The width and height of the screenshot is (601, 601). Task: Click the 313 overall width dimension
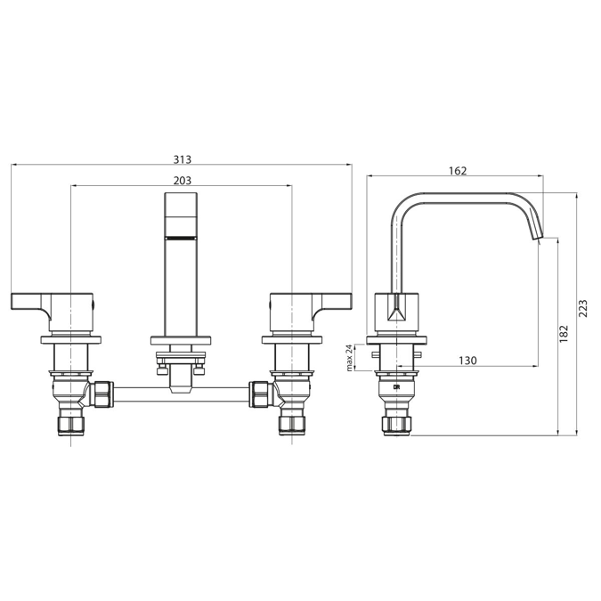click(x=182, y=159)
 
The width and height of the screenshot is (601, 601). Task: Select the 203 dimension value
click(x=182, y=180)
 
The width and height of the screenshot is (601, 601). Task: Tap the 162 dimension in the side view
click(x=458, y=171)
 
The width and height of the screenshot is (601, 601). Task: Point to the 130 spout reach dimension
click(x=468, y=360)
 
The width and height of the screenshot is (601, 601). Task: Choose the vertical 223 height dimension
click(x=583, y=308)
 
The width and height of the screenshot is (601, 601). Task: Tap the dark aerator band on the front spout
click(x=182, y=239)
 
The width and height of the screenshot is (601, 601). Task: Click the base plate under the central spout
click(x=182, y=339)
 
